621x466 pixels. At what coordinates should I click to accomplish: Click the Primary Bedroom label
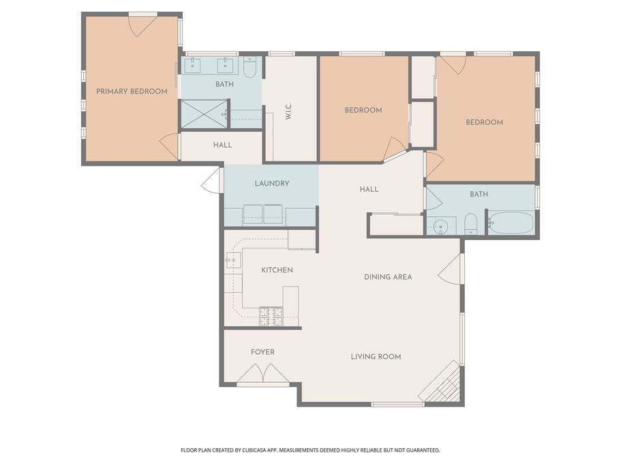[132, 91]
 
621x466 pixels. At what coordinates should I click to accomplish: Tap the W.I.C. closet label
[288, 111]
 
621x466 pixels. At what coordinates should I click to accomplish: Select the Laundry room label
[272, 184]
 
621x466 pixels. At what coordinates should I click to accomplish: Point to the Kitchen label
[277, 270]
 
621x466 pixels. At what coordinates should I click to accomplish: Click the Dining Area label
[388, 277]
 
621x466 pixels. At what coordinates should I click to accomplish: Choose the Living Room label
[376, 357]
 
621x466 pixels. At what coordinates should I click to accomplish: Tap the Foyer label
[262, 352]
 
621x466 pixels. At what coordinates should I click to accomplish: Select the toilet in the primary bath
[250, 67]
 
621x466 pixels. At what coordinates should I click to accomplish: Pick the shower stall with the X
[205, 114]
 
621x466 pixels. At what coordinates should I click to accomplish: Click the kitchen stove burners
[271, 317]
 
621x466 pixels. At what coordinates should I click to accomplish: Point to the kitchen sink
[233, 261]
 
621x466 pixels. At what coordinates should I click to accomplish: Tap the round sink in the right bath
[440, 227]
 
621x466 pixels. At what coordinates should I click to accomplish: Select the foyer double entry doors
[263, 373]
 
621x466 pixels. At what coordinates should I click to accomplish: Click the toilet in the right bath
[470, 224]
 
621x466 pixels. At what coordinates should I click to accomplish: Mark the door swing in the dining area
[451, 269]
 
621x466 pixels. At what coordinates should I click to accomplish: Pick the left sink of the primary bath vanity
[192, 65]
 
